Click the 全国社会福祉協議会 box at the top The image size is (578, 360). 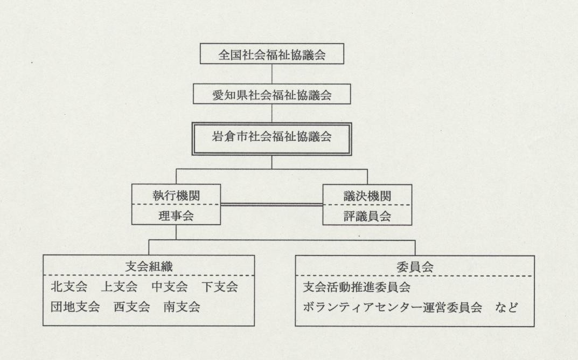click(271, 55)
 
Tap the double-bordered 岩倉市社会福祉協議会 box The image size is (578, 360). click(271, 136)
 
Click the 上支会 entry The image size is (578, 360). click(119, 287)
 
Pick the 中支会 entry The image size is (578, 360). click(170, 287)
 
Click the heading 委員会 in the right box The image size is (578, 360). click(415, 266)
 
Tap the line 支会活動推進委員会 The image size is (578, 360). click(352, 287)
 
